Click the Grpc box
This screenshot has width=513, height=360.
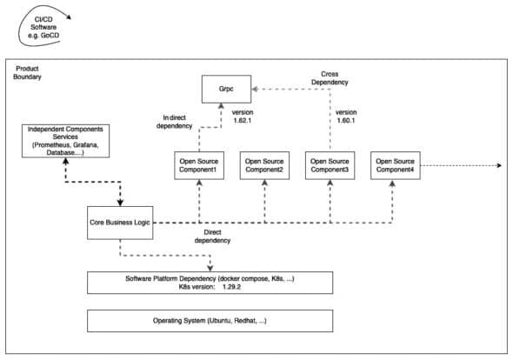227,88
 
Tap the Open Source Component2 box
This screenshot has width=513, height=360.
263,165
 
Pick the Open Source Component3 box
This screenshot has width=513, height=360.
330,165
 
